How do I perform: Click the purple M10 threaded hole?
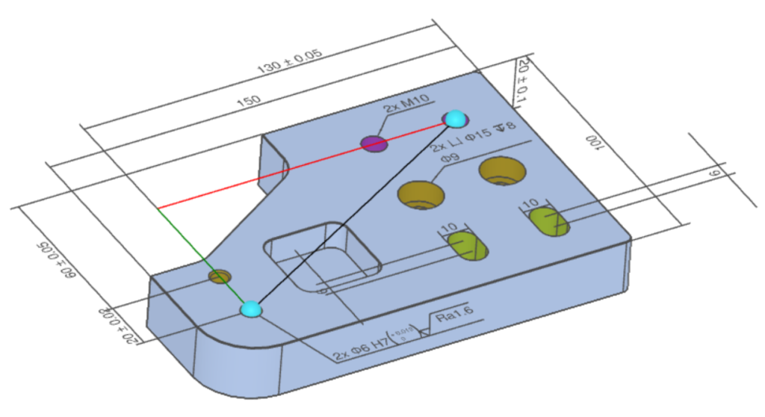click(x=374, y=143)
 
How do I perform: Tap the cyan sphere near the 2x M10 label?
click(x=455, y=118)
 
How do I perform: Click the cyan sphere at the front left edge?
click(x=251, y=309)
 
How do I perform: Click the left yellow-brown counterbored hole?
click(x=421, y=196)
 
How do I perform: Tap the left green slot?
click(x=466, y=246)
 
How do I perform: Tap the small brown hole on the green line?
click(x=219, y=277)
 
